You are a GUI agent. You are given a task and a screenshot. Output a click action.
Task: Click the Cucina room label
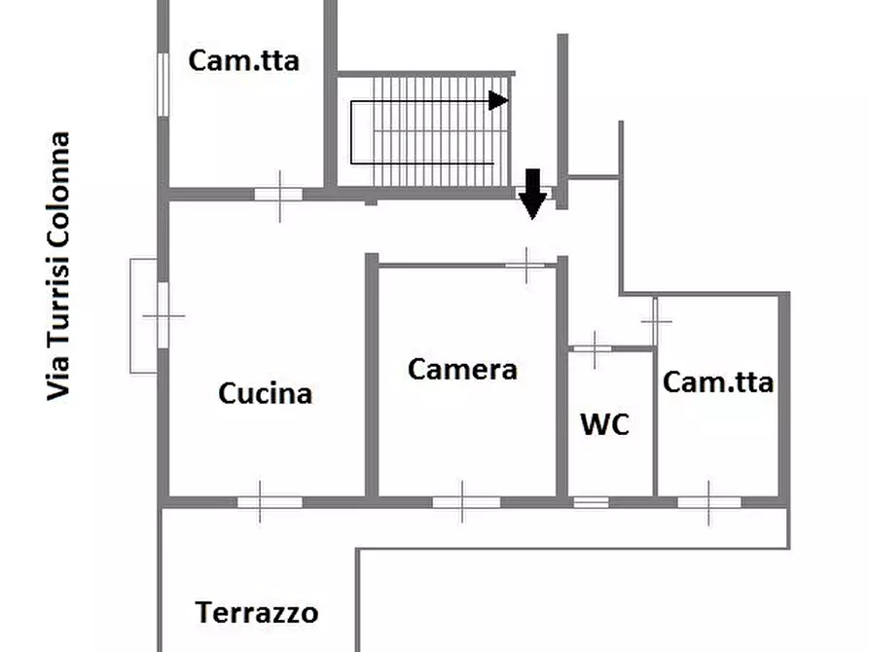click(x=265, y=393)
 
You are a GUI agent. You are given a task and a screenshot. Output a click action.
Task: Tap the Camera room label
click(x=462, y=369)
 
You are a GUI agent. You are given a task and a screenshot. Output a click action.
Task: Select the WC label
click(x=604, y=424)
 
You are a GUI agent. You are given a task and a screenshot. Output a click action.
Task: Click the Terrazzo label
click(x=257, y=613)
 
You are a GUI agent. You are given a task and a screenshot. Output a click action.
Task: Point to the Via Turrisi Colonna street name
click(x=59, y=266)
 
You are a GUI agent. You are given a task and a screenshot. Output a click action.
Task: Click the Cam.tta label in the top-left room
click(x=243, y=60)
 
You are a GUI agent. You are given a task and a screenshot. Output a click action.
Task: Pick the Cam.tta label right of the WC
click(x=718, y=382)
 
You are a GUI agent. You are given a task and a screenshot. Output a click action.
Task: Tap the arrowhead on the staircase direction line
click(x=498, y=100)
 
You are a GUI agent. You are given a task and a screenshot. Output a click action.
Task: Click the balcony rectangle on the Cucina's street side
click(x=143, y=315)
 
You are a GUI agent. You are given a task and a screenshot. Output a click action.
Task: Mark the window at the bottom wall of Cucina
click(x=269, y=502)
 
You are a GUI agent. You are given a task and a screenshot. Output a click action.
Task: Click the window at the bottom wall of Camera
click(x=465, y=502)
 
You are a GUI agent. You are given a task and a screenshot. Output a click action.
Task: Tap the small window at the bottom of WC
click(x=590, y=502)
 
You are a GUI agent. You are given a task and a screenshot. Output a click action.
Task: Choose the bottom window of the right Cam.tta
click(x=708, y=502)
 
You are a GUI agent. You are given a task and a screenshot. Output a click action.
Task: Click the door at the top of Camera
click(x=525, y=264)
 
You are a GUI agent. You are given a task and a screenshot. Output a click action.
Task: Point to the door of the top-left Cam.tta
click(x=278, y=194)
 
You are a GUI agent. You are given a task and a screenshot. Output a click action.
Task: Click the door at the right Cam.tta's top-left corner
click(x=656, y=321)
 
